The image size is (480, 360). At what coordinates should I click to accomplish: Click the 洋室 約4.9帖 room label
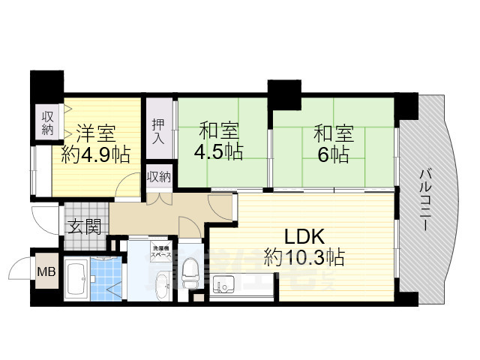(x=95, y=145)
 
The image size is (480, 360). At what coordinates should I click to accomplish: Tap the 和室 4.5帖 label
(x=220, y=142)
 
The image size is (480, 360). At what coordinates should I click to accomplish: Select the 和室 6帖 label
(x=331, y=145)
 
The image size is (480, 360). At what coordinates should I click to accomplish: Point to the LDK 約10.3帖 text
(x=304, y=247)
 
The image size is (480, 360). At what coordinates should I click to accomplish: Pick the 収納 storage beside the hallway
(x=158, y=177)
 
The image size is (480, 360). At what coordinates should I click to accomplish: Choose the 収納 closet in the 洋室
(x=47, y=122)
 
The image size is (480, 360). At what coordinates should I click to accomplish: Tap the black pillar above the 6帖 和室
(x=283, y=91)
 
